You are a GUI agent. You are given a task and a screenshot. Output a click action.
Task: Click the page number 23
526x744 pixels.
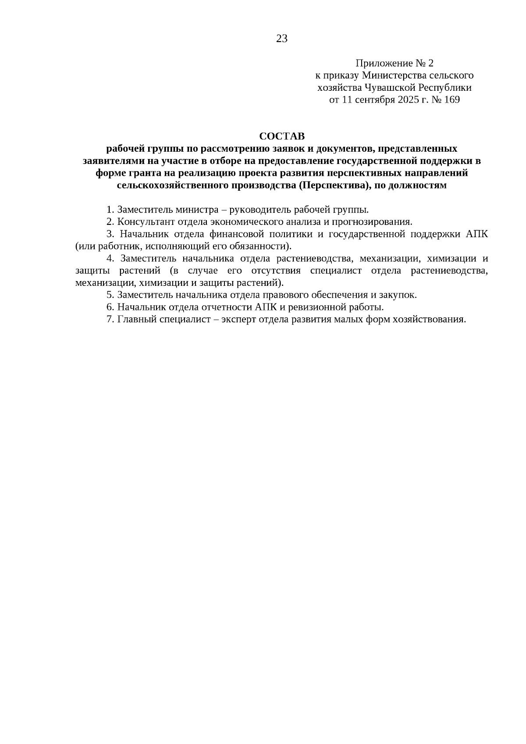282,39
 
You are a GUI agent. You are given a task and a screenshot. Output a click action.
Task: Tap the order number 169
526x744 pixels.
452,100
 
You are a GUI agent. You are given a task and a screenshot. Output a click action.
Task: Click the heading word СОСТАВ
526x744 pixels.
282,136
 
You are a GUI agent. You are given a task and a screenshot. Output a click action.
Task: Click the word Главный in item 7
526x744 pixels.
134,319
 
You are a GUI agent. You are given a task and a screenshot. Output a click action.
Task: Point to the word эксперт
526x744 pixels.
239,319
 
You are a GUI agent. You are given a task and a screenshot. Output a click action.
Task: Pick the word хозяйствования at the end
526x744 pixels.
429,319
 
